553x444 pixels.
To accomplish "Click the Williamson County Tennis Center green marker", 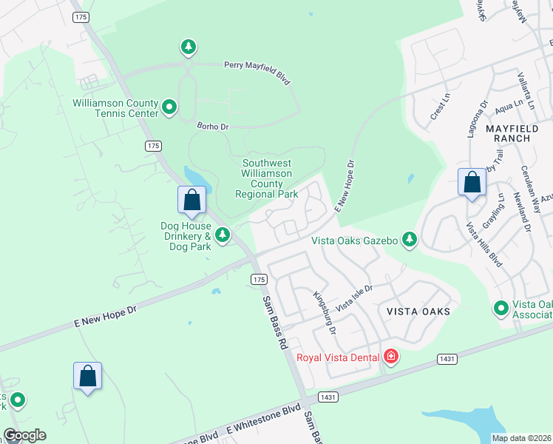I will click(169, 108).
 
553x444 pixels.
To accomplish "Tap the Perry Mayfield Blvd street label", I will click(257, 72).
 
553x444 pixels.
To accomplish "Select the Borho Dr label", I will click(213, 127).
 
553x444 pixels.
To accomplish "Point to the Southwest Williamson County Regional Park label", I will click(267, 178).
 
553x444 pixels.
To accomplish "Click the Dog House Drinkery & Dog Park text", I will click(186, 236).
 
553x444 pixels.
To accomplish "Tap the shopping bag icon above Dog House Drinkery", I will click(191, 201).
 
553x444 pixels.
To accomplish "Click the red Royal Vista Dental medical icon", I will click(391, 357).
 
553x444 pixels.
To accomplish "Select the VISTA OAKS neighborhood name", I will click(418, 312).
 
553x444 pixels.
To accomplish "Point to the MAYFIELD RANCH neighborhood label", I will click(518, 133).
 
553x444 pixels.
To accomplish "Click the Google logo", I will click(24, 435).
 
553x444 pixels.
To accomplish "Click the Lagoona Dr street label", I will click(477, 120).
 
